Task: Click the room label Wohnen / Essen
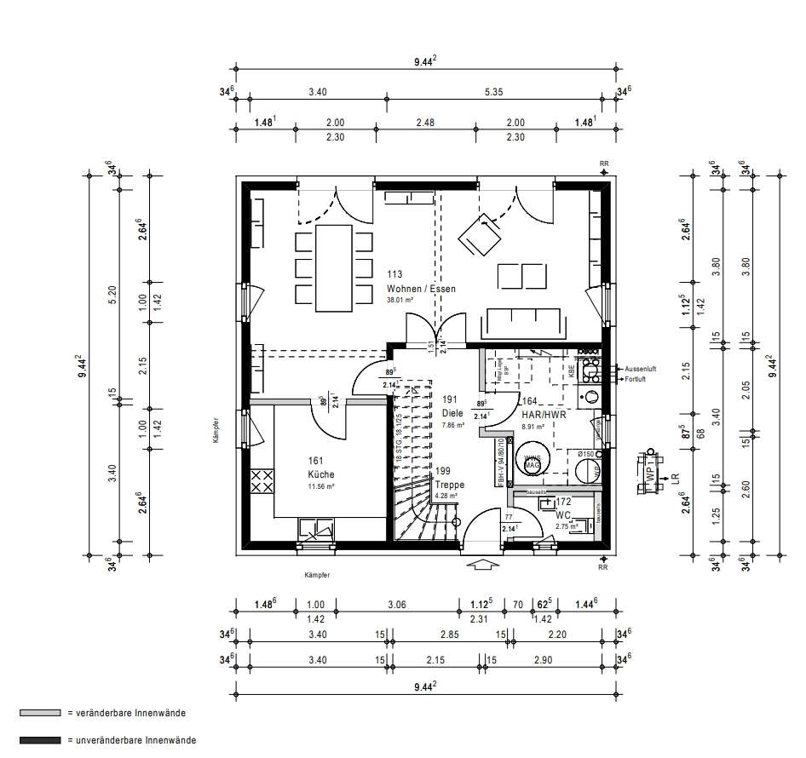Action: [x=421, y=289]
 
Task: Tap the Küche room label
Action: [x=321, y=474]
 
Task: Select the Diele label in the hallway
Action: [x=452, y=413]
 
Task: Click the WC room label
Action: [x=563, y=516]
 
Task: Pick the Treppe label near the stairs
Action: [x=448, y=484]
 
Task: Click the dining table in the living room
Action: [x=333, y=267]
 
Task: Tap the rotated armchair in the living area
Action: [x=481, y=233]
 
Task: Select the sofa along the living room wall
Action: [x=522, y=324]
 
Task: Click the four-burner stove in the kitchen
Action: [x=262, y=480]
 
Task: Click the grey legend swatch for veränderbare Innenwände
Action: [x=40, y=713]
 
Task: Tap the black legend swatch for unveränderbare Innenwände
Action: [x=40, y=740]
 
